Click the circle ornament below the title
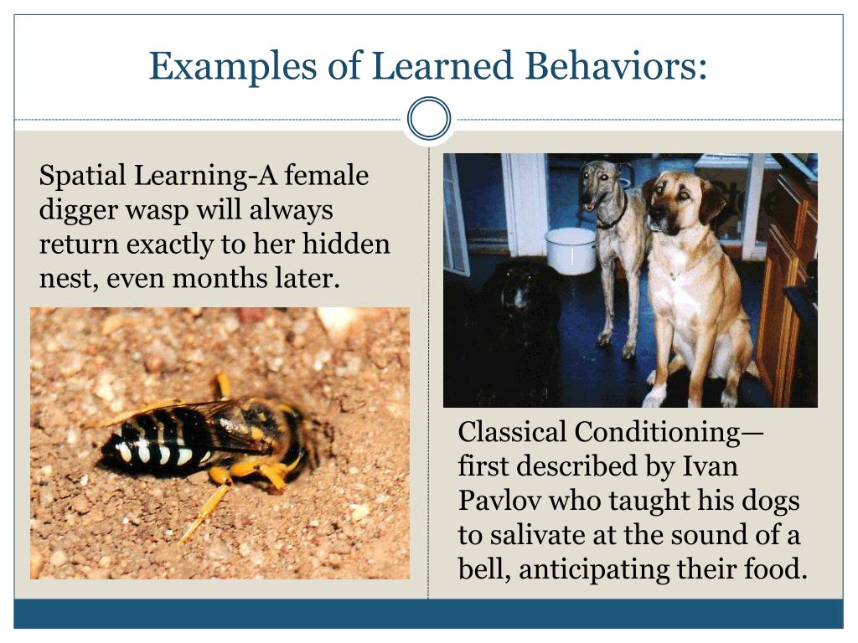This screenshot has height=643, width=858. [429, 119]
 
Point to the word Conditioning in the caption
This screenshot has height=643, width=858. [657, 432]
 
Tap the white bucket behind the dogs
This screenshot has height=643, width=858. [570, 249]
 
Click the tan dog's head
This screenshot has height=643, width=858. [683, 201]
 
